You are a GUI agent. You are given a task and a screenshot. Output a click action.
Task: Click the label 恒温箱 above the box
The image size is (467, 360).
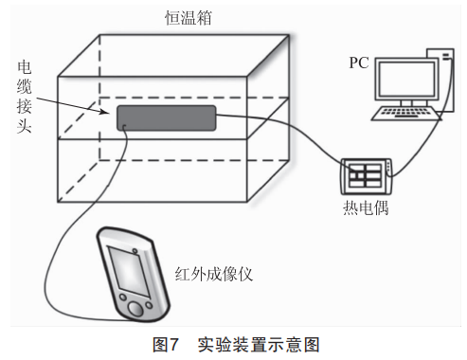point(189,18)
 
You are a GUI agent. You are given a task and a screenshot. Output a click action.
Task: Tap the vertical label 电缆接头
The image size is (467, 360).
point(25,98)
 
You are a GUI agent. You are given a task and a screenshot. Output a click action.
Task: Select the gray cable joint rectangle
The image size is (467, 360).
point(167,118)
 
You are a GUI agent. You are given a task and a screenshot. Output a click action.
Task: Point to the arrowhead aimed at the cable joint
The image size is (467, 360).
point(105,112)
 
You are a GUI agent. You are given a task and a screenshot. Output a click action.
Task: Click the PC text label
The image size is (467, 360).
point(359,63)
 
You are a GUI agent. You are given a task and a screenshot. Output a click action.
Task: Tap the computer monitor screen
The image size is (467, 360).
point(406,79)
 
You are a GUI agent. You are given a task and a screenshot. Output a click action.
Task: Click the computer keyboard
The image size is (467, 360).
point(406,114)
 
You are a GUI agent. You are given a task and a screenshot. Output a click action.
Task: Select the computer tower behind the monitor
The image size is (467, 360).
point(446,80)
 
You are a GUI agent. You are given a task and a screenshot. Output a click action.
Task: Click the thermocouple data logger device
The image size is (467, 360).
point(367,176)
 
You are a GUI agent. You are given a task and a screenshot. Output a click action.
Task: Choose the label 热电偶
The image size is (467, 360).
point(366,207)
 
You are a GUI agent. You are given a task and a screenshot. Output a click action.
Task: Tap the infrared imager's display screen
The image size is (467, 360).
point(129,271)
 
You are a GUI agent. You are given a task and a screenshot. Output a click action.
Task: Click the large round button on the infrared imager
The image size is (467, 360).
point(136,309)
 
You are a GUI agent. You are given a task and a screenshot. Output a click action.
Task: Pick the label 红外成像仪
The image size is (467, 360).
point(214,274)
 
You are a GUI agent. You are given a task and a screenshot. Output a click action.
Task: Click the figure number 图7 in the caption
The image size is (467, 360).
point(166,344)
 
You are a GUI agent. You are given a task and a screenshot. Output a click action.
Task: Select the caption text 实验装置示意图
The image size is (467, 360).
point(259,344)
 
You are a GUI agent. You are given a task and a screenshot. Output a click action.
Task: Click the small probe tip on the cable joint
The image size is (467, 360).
point(124,127)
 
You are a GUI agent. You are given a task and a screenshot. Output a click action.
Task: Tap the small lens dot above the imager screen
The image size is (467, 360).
point(135,251)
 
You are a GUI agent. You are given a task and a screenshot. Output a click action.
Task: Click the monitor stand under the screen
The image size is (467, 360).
point(406,103)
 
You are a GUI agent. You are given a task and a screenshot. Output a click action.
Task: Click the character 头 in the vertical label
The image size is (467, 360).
point(25,126)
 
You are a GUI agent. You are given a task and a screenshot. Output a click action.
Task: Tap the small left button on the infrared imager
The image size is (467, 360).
point(123,297)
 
